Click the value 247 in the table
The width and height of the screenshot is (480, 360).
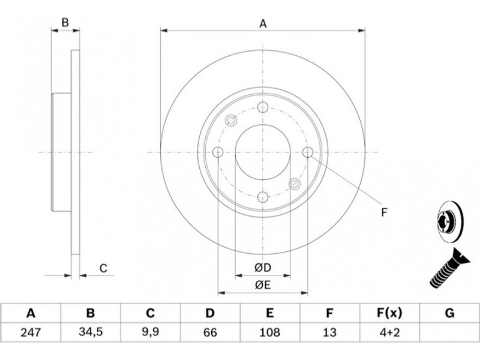point(31,332)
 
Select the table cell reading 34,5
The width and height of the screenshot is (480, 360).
point(91,332)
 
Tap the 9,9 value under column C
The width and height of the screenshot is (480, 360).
point(151,332)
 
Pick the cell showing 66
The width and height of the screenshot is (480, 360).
point(210,332)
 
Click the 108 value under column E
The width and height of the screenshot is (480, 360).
point(269,332)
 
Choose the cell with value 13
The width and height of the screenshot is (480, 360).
point(329,332)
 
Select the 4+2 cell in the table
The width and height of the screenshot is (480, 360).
point(389,332)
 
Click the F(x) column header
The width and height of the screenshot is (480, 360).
point(389,313)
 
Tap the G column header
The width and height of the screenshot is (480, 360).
point(449,313)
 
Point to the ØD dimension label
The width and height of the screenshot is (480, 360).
point(263,268)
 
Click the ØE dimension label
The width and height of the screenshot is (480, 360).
point(263,286)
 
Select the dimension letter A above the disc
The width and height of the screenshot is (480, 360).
point(263,23)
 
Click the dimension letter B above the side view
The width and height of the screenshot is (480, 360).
point(65,23)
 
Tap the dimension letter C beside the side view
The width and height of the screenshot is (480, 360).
point(103,268)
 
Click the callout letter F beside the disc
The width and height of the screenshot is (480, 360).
point(385,212)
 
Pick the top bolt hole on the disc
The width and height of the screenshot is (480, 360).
point(263,107)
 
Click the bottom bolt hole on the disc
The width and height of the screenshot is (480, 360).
point(263,197)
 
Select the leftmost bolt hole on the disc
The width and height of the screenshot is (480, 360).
point(218,152)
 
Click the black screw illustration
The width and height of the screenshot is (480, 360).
point(448,269)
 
